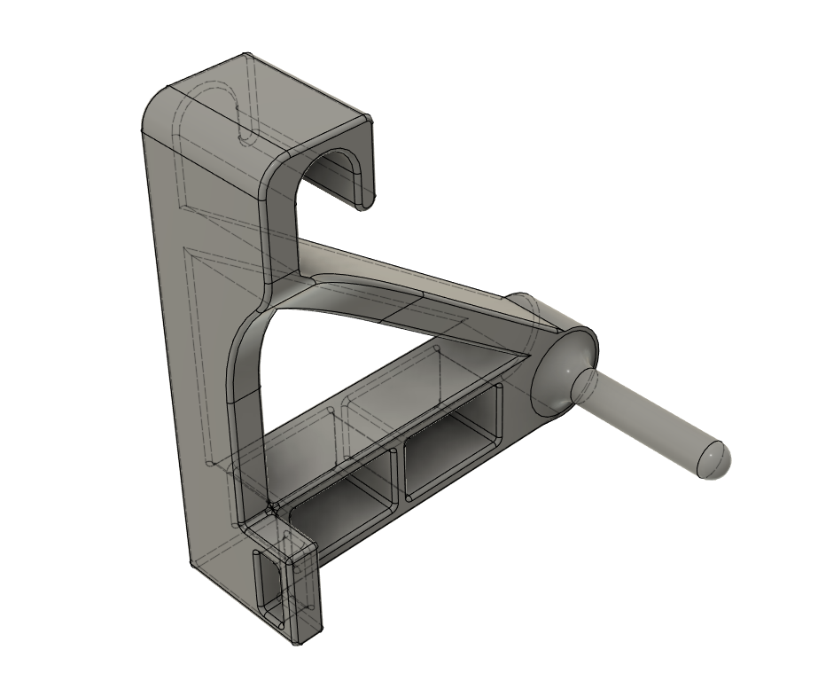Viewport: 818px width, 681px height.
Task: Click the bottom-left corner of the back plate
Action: point(194,562)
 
